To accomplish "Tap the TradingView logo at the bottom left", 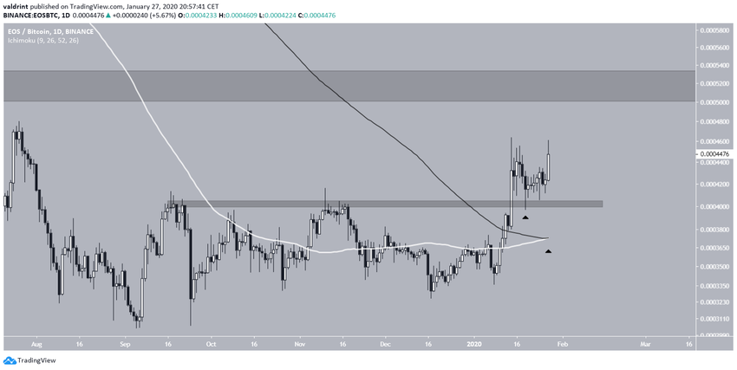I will pos(28,360).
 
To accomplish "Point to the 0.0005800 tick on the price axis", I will pos(715,30).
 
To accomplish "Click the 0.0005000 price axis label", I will pos(715,101).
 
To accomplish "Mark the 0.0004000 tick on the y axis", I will pos(715,207).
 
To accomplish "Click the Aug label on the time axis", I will pos(35,344).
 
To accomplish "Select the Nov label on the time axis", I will pos(300,344).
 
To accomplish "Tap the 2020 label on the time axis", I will pos(473,344).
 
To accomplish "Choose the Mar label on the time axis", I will pos(645,344).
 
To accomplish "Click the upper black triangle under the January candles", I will pos(525,217).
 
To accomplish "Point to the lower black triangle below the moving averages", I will pos(548,251).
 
